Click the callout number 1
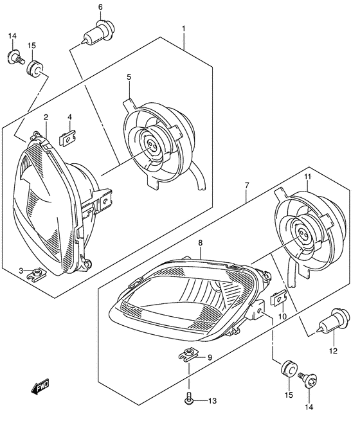(x=183, y=28)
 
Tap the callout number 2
(x=46, y=116)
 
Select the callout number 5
(x=129, y=77)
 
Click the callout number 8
(x=200, y=243)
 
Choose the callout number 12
(x=332, y=350)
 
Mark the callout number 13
(x=212, y=402)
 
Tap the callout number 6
(x=100, y=7)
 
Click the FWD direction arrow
(x=41, y=387)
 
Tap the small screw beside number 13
(x=190, y=400)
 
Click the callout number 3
(x=21, y=270)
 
